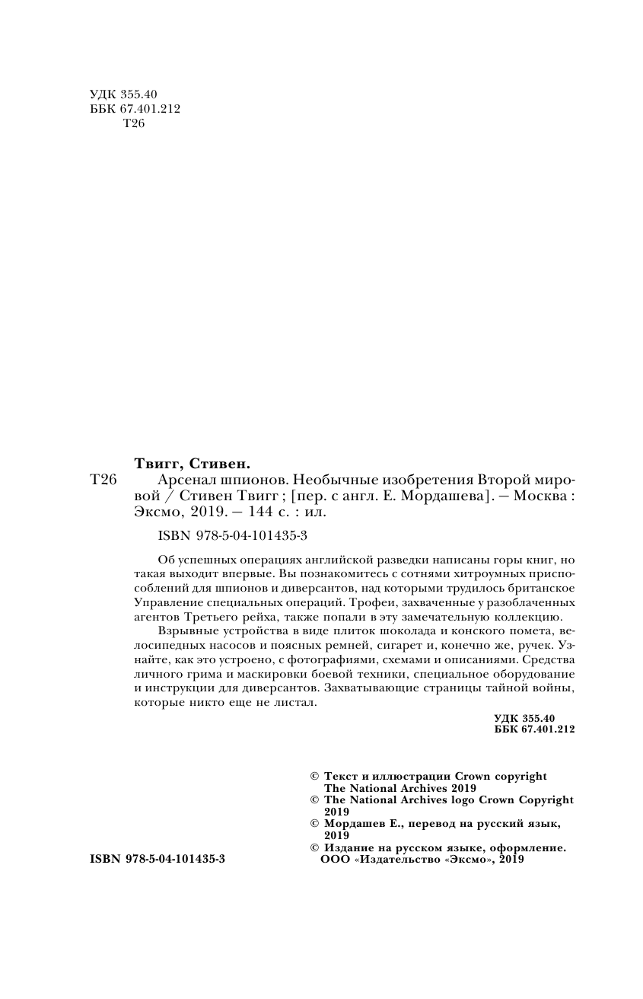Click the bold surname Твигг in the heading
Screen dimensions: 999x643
point(158,462)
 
